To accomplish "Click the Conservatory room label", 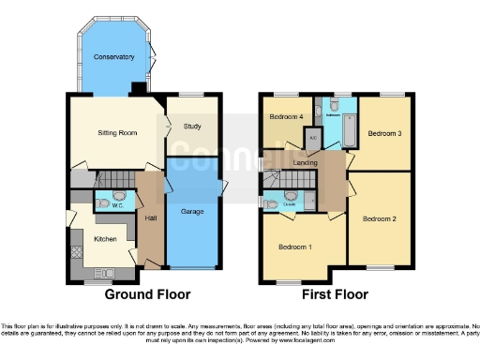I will (x=113, y=57).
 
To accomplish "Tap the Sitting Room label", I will (x=118, y=133).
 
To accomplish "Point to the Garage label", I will (x=193, y=212).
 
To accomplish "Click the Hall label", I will (x=150, y=217).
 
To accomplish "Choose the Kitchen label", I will (x=105, y=239).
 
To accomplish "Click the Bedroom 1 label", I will (x=296, y=247).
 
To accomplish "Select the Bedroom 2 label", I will (x=379, y=218).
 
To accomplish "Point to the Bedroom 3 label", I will (x=383, y=134).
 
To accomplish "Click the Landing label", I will (x=306, y=164).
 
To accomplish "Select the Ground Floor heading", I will (x=147, y=293).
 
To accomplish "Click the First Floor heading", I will (x=336, y=293).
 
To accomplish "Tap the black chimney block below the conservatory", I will (x=139, y=89).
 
